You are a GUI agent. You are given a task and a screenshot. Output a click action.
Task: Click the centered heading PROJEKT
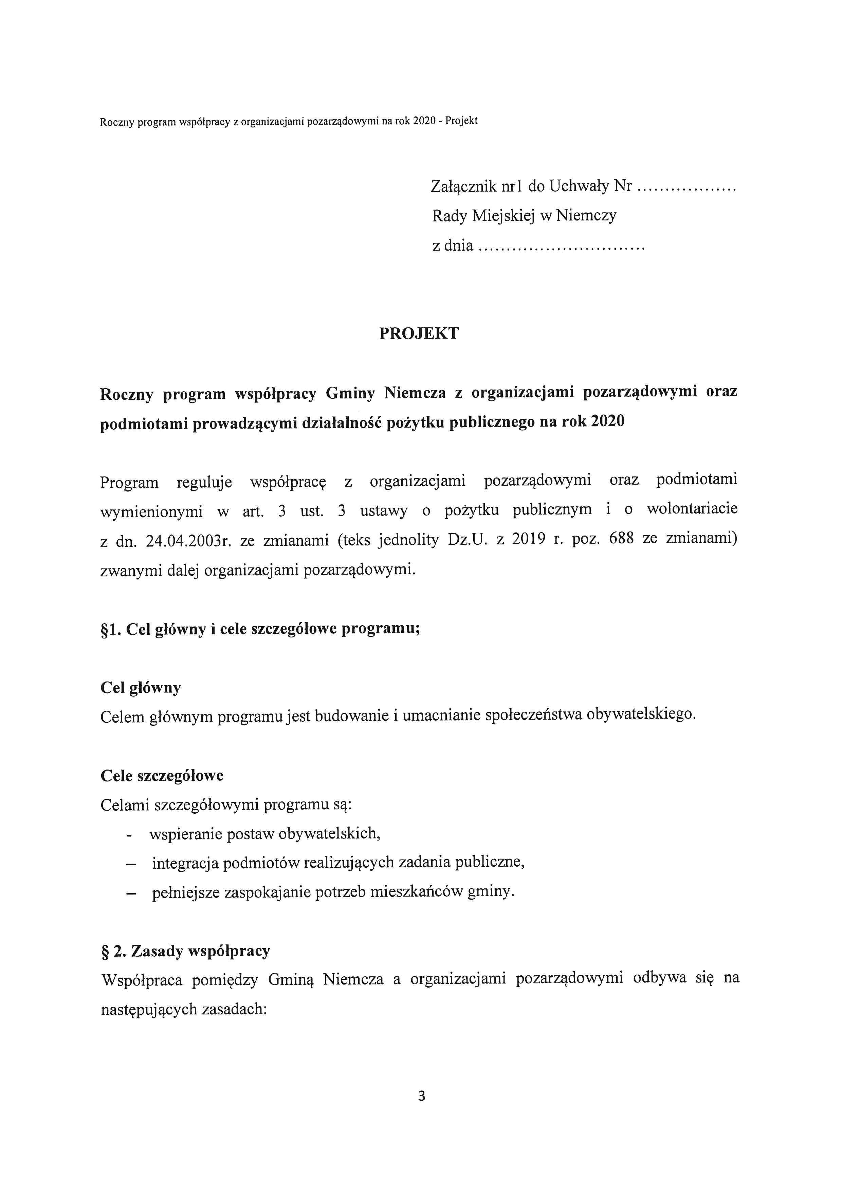coord(419,333)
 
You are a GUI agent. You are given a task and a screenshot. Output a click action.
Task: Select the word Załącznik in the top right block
coord(463,186)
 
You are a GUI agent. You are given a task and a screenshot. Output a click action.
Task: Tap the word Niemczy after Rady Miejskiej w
coord(586,216)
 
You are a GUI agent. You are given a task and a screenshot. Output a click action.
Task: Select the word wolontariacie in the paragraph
coord(692,509)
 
